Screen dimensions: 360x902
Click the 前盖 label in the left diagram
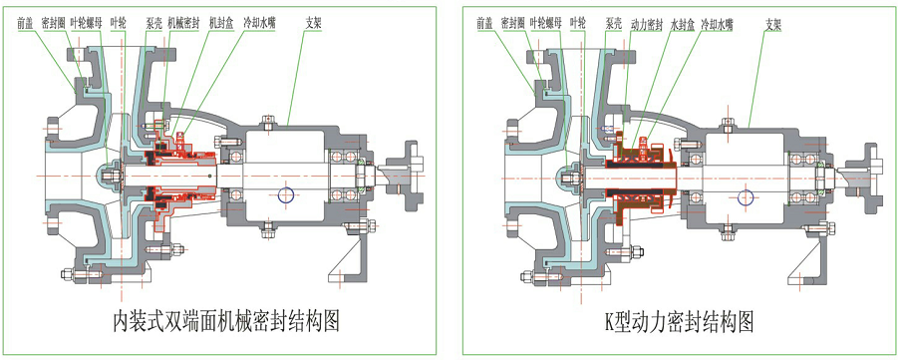(27, 19)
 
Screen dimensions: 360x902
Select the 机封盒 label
(222, 19)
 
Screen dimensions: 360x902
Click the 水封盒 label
(683, 19)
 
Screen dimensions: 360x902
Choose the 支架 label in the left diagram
(315, 19)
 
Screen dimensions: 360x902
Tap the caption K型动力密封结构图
(678, 321)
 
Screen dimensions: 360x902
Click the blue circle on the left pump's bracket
(286, 193)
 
